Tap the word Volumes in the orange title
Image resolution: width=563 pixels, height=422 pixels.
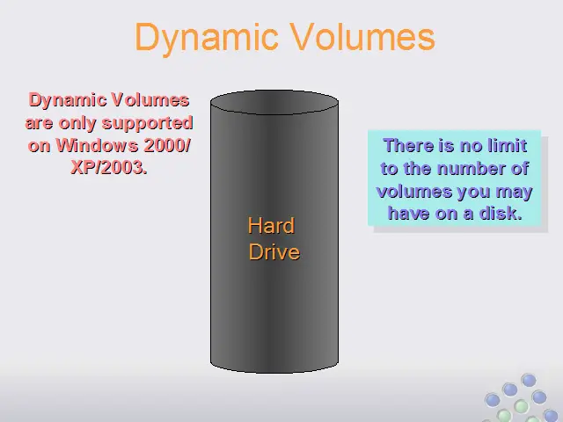[x=362, y=36]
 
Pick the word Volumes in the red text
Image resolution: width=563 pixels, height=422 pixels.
[x=150, y=99]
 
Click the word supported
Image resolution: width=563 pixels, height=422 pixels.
[x=148, y=124]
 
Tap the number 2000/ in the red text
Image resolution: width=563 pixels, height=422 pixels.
[x=167, y=145]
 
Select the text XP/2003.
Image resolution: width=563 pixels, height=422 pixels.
[x=109, y=167]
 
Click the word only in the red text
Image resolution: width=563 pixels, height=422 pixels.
[x=78, y=124]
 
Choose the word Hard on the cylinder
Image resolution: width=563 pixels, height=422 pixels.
[x=272, y=226]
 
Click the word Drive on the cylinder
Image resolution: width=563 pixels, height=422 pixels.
[x=274, y=252]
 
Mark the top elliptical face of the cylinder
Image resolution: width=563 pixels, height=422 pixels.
[x=274, y=102]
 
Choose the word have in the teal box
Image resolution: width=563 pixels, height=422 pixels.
[x=409, y=214]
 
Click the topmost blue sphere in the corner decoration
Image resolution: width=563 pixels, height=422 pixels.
[x=529, y=381]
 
